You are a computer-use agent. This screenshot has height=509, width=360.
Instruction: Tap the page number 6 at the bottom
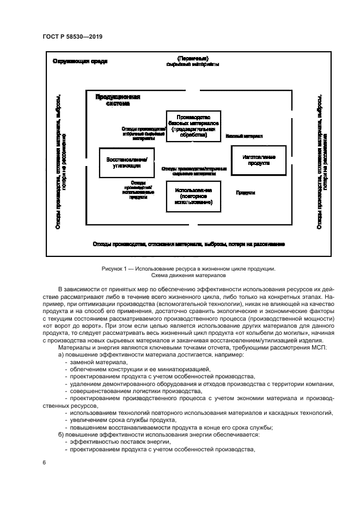point(44,462)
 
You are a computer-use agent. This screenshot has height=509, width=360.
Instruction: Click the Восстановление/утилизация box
point(126,162)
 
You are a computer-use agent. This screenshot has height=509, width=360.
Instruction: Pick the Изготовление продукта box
point(259,160)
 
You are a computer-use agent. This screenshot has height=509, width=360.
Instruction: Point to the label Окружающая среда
point(80,61)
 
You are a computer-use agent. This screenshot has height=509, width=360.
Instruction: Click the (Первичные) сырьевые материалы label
point(193,61)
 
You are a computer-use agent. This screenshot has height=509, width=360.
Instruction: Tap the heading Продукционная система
point(118,100)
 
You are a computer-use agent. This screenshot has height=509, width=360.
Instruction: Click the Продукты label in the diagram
point(246,193)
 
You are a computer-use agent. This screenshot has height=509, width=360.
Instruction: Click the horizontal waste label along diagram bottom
point(188,244)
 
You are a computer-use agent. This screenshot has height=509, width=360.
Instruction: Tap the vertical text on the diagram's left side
point(61,162)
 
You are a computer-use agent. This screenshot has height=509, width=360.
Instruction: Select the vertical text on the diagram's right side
point(321,162)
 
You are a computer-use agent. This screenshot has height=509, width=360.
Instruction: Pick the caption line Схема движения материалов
point(188,276)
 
